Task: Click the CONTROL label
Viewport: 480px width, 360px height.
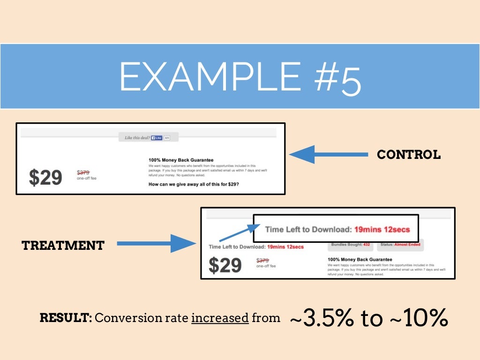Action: coord(409,155)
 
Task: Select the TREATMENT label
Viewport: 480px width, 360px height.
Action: coord(63,245)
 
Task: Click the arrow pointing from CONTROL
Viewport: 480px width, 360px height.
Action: coord(328,155)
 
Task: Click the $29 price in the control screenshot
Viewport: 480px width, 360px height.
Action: coord(45,177)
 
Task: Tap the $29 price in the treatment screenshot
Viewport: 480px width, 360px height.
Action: coord(225,266)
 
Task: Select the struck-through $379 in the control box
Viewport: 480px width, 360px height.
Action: coord(83,172)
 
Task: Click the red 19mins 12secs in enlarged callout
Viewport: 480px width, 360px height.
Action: coord(382,230)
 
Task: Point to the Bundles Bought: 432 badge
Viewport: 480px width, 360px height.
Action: coord(351,245)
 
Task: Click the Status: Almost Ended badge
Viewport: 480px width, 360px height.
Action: coord(400,245)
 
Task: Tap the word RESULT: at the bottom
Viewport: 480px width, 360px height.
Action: coord(66,318)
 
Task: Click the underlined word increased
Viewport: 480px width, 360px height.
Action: coord(220,318)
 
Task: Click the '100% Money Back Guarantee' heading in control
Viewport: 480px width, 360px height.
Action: coord(180,160)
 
